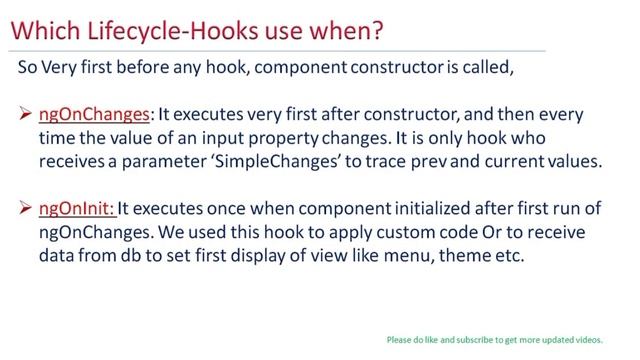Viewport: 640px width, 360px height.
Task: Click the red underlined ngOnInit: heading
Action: (x=79, y=209)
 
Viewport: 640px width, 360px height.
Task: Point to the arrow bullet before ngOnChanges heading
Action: (x=26, y=115)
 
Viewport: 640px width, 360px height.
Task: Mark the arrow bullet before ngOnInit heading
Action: (x=26, y=209)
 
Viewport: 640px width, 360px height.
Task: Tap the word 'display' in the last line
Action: (x=248, y=254)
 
